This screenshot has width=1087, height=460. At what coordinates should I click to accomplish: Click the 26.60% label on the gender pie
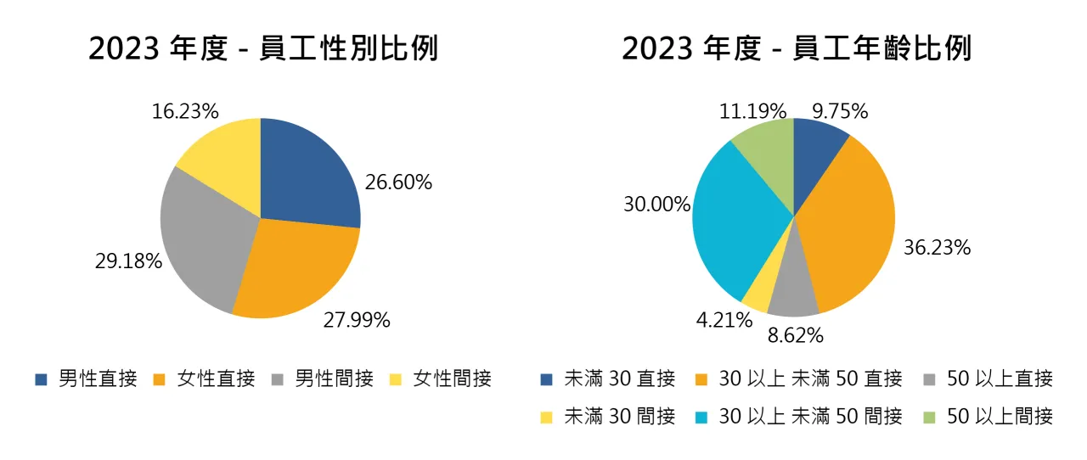398,182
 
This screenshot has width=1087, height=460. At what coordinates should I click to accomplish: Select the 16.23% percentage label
185,111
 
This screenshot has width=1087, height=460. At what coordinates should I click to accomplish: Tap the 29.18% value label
128,261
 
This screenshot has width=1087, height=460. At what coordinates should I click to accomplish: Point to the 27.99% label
357,320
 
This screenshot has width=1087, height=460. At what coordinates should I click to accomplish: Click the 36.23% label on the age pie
937,248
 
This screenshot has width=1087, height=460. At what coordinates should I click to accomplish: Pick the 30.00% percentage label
656,205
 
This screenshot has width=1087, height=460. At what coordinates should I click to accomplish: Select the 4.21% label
724,321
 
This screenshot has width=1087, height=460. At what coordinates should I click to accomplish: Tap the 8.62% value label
795,335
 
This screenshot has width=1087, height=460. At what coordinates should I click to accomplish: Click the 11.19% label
752,111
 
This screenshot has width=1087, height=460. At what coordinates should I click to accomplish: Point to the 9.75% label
840,111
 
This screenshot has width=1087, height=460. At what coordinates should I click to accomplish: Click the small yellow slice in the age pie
758,295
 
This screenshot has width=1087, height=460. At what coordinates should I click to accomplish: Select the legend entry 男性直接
86,379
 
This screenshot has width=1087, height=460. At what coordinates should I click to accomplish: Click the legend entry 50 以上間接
989,416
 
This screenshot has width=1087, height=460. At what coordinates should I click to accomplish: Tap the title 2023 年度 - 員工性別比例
263,48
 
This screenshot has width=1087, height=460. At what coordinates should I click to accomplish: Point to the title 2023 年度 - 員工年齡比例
797,48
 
